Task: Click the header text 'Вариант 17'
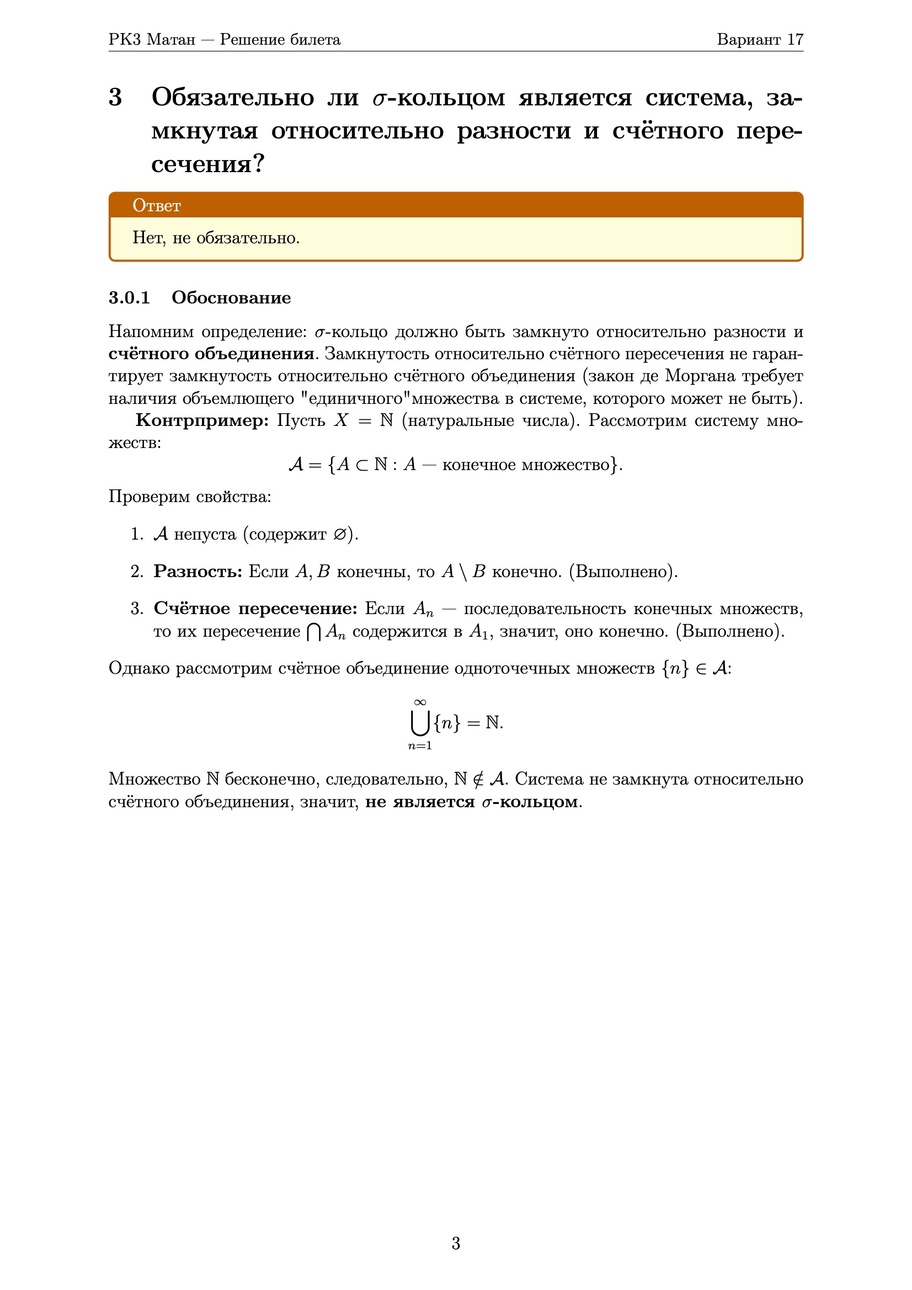pos(760,39)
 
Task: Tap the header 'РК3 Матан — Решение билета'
pos(224,39)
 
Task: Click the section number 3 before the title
pos(115,97)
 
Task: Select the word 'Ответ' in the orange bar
pos(156,206)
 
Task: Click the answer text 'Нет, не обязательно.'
pos(216,238)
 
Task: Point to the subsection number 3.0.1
pos(129,297)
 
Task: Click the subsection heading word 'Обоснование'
pos(231,297)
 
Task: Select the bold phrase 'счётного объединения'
pos(211,354)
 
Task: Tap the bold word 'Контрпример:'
pos(202,420)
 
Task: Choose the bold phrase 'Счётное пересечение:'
pos(255,609)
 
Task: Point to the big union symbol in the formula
pos(420,723)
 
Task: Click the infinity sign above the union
pos(420,702)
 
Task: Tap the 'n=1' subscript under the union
pos(420,745)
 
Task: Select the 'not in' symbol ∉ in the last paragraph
pos(478,779)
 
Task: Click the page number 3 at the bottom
pos(456,1243)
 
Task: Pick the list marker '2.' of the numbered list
pos(137,572)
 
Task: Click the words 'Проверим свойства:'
pos(189,497)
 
